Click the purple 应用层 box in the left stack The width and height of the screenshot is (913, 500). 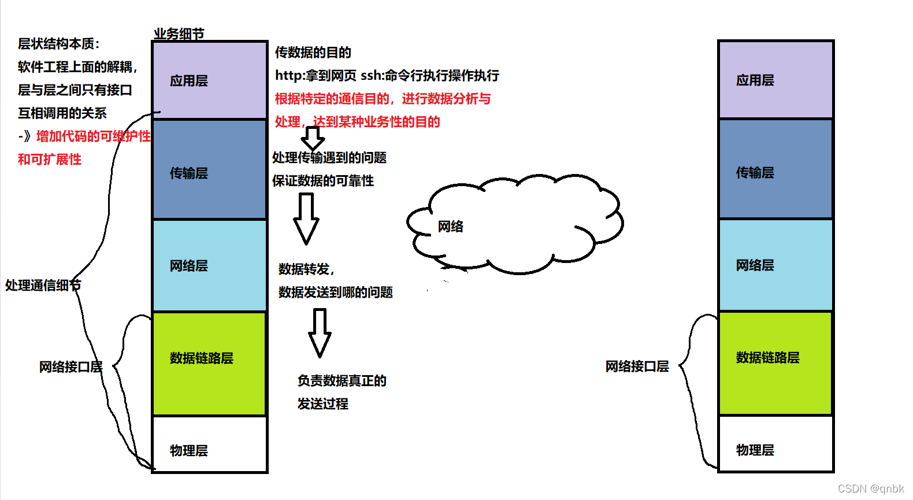tap(209, 80)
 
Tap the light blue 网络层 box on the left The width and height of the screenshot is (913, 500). tap(209, 266)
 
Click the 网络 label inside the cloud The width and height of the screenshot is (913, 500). tap(450, 227)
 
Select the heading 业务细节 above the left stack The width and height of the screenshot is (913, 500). tap(179, 34)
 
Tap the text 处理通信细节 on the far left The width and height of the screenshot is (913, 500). tap(43, 285)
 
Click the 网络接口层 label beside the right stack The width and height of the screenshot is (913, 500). tap(637, 366)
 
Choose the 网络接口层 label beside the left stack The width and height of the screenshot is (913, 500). tap(70, 367)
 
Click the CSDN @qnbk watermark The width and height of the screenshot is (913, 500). tap(870, 488)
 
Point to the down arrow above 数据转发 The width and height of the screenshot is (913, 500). tap(306, 218)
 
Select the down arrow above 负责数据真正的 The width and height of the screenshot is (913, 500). tap(320, 332)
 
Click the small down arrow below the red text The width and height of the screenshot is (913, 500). tap(313, 138)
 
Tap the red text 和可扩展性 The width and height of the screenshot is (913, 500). tap(50, 160)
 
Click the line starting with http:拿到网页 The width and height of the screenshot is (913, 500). tap(387, 76)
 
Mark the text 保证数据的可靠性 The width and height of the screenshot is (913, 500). tap(322, 181)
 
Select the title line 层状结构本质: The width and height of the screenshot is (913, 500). tap(58, 44)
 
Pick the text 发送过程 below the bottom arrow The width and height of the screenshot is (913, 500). tap(322, 404)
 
